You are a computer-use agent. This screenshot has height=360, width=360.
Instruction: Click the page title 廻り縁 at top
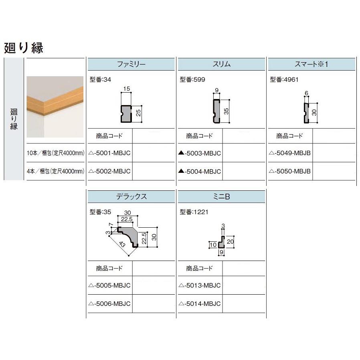click(x=23, y=47)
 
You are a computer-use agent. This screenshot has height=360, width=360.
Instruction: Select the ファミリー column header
click(x=131, y=64)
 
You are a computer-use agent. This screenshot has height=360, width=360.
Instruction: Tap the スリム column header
click(x=221, y=64)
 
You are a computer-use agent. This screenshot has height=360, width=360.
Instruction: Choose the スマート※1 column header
click(x=311, y=64)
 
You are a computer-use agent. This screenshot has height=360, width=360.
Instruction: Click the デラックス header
click(x=131, y=197)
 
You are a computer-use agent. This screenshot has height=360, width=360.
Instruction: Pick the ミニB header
click(x=221, y=197)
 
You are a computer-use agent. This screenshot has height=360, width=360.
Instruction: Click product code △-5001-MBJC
click(x=109, y=153)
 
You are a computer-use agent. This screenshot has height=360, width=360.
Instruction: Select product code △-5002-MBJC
click(x=109, y=171)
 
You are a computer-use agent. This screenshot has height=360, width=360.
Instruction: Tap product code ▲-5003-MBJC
click(x=200, y=153)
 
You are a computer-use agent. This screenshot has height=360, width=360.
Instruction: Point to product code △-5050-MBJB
click(x=290, y=171)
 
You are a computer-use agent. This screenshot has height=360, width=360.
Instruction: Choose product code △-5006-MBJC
click(x=109, y=303)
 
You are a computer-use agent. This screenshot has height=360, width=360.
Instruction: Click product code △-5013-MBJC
click(x=200, y=285)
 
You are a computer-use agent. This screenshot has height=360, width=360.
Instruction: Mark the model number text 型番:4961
click(x=284, y=79)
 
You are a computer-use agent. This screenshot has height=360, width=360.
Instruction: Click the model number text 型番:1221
click(x=194, y=212)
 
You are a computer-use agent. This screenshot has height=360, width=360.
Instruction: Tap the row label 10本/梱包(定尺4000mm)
click(x=55, y=153)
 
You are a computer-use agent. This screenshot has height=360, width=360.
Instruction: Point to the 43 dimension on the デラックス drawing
click(x=122, y=243)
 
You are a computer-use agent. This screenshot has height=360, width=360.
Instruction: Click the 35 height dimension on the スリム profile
click(x=226, y=111)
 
